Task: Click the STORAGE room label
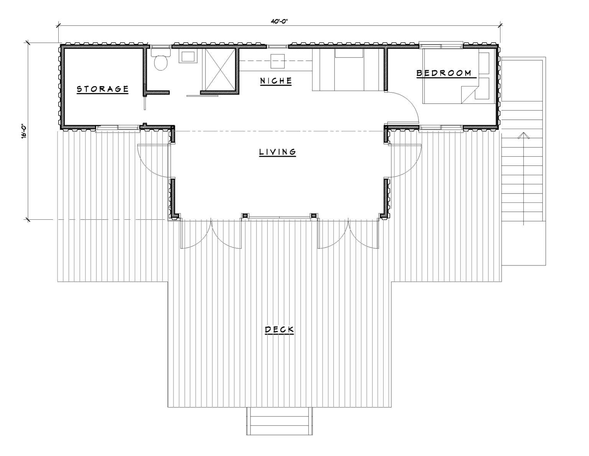coord(102,89)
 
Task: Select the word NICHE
coord(276,81)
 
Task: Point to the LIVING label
coord(278,152)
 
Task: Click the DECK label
coord(279,330)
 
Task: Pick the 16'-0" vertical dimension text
coord(24,132)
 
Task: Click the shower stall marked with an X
coord(220,70)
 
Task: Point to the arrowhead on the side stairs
coord(523,136)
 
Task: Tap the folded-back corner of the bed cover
coord(469,95)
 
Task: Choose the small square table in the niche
coord(277,61)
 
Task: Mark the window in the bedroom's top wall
coord(441,46)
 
